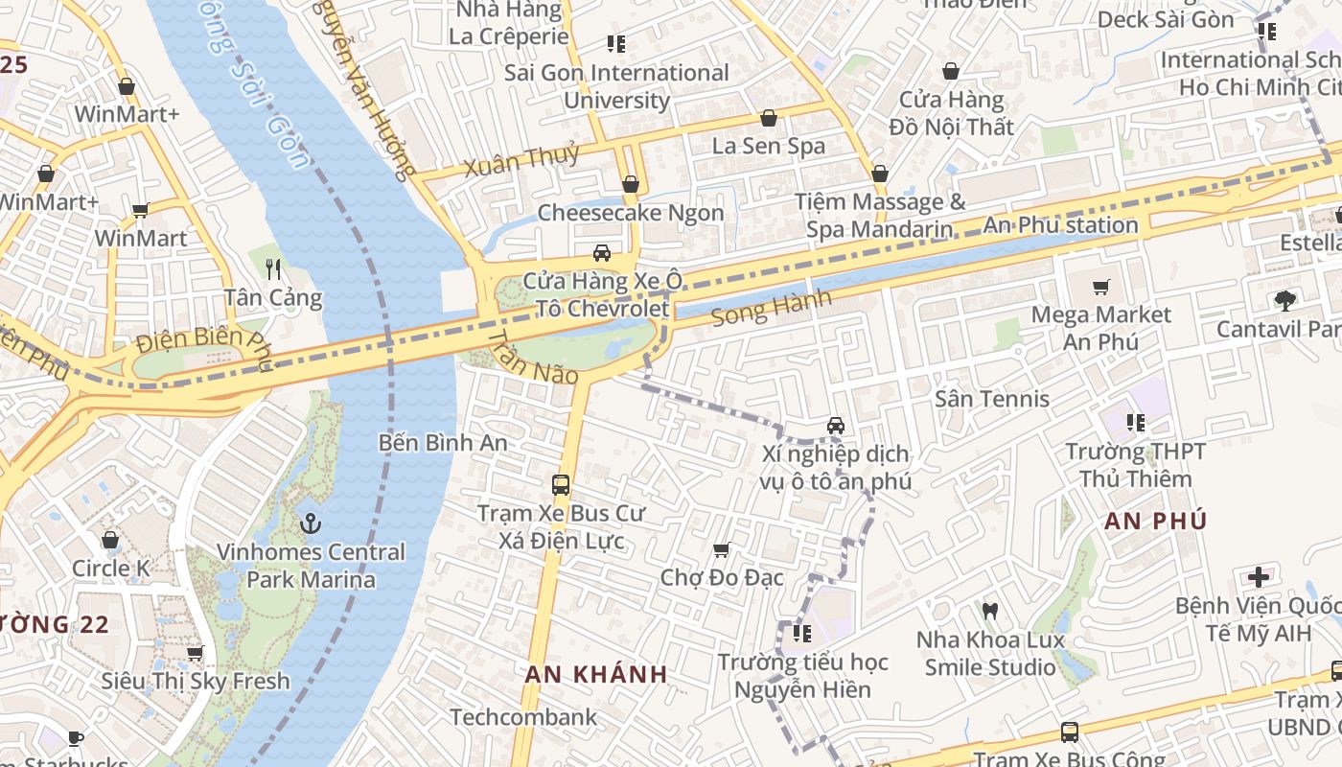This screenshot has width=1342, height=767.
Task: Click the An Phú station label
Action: [x=1061, y=226]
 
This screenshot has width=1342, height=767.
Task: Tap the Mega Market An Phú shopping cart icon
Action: [x=1101, y=287]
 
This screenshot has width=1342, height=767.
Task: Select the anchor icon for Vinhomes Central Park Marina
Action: [x=310, y=523]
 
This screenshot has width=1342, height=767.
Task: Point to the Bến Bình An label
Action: [x=443, y=443]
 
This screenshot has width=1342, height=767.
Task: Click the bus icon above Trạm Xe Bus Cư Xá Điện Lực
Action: [x=561, y=485]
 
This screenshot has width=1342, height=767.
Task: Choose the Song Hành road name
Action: [x=772, y=309]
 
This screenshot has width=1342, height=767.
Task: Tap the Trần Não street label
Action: [x=533, y=359]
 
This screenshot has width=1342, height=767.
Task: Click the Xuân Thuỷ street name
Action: [x=522, y=160]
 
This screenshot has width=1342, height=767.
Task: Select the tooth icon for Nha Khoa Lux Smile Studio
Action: [x=990, y=611]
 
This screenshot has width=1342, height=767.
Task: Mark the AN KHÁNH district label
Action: [x=596, y=674]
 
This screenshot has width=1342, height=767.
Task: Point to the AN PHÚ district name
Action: [x=1155, y=522]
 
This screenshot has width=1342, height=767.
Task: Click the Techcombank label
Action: [x=523, y=717]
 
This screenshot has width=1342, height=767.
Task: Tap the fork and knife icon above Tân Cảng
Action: [x=273, y=268]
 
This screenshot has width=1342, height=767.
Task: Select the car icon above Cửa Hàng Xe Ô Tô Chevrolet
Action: [x=602, y=253]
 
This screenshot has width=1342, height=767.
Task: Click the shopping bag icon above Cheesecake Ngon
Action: [x=630, y=184]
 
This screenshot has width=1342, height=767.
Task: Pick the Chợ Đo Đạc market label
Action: [x=722, y=577]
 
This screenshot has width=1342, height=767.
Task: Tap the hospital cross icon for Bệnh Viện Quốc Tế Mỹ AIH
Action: [x=1258, y=577]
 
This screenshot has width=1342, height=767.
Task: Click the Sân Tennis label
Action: [x=992, y=399]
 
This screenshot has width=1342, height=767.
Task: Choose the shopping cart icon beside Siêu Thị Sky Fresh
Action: [x=196, y=653]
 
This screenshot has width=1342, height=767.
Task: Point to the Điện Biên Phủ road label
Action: [x=204, y=340]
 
